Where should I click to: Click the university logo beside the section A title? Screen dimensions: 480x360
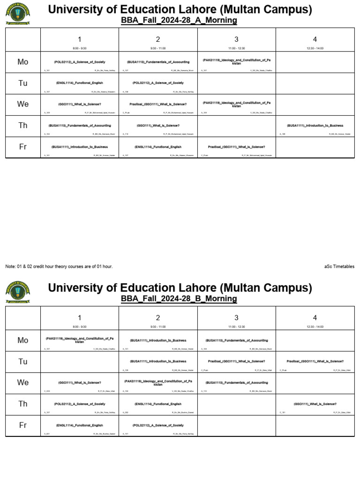click(x=18, y=14)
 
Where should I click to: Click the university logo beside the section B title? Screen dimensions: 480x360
click(x=18, y=292)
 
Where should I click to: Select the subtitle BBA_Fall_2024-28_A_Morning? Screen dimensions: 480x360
click(x=179, y=21)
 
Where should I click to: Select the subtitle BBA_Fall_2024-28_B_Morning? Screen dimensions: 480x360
click(x=179, y=299)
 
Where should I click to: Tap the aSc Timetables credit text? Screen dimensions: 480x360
click(x=339, y=267)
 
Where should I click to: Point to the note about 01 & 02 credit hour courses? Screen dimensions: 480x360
click(x=59, y=267)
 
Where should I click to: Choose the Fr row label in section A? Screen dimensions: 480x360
click(x=23, y=147)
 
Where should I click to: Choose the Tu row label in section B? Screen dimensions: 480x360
click(x=23, y=361)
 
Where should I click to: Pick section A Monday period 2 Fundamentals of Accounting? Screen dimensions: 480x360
click(x=158, y=62)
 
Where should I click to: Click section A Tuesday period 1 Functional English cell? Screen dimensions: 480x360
click(x=80, y=83)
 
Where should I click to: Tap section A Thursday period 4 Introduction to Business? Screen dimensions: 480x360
click(x=315, y=126)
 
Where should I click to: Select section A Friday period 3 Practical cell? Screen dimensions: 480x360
click(x=236, y=147)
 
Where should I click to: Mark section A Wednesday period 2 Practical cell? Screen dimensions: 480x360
click(x=158, y=105)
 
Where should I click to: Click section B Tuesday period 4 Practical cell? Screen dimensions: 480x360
click(x=315, y=361)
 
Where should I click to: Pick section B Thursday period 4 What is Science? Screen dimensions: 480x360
click(x=315, y=404)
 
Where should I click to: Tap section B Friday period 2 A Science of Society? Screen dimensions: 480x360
click(x=158, y=426)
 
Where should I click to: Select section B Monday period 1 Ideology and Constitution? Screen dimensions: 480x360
click(x=80, y=340)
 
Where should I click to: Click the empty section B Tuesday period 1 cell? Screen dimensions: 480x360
click(x=80, y=361)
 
